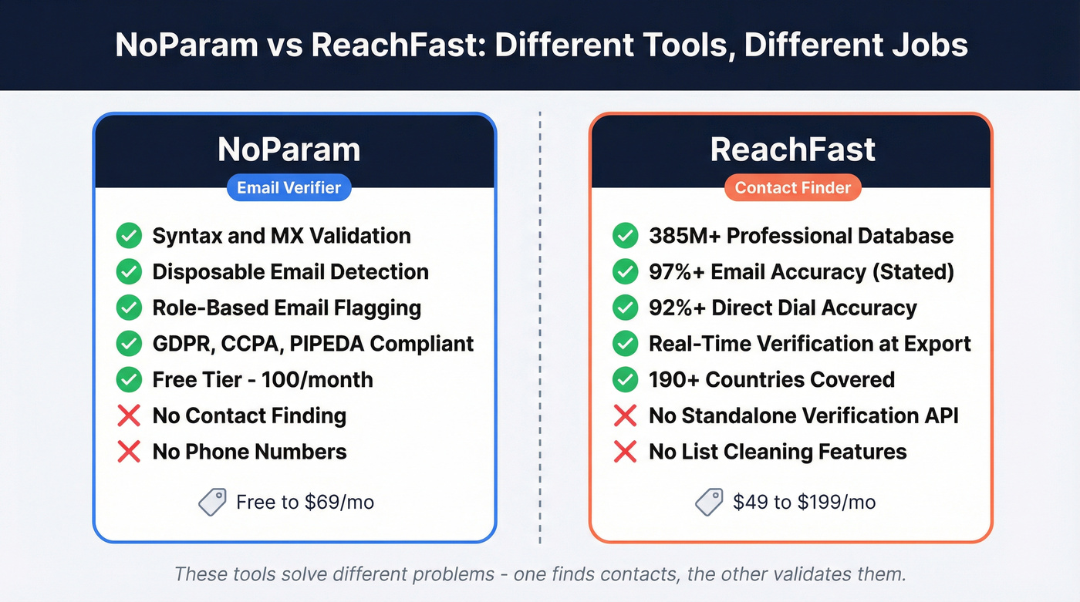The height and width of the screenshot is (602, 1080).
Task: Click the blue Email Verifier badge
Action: click(x=289, y=187)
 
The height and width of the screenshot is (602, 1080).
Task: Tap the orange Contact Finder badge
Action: click(x=792, y=187)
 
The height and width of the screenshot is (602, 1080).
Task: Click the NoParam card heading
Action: click(x=289, y=150)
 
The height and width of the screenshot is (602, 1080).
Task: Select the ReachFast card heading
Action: click(x=792, y=150)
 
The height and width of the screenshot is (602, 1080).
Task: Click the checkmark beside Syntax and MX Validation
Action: click(x=129, y=236)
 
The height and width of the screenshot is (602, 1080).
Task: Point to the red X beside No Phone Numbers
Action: click(x=129, y=452)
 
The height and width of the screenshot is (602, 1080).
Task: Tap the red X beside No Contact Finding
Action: click(x=129, y=416)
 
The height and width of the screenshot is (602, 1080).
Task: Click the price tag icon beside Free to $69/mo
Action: click(x=212, y=503)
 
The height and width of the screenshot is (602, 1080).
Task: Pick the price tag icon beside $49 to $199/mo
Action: click(x=709, y=503)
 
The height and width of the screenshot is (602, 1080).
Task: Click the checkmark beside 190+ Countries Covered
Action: click(x=626, y=380)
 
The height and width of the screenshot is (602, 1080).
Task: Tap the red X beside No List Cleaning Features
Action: click(x=626, y=452)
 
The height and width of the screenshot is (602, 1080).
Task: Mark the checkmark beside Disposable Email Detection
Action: click(x=129, y=272)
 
